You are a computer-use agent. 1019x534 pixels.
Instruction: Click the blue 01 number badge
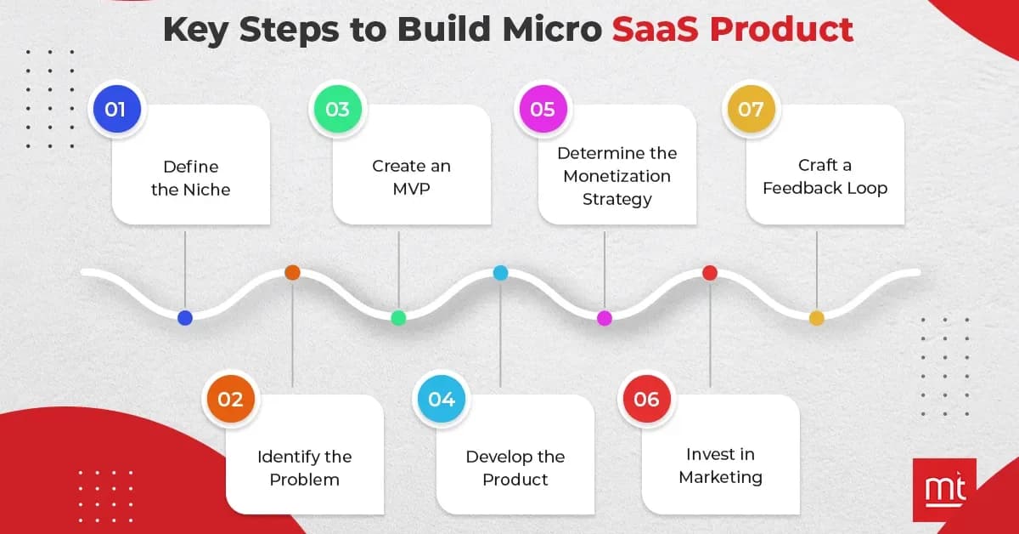coord(115,109)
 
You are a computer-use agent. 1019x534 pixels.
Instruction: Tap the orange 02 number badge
coord(230,400)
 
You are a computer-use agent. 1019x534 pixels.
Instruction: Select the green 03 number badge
coord(337,109)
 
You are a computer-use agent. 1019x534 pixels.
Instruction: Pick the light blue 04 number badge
coord(442,400)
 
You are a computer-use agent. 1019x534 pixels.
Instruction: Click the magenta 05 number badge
coord(543,109)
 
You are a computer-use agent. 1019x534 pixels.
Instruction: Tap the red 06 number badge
coord(646,400)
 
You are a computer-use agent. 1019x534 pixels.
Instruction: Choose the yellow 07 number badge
coord(751,109)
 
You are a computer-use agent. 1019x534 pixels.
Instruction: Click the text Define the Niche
coord(190,178)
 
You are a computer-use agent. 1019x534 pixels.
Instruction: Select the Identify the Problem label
coord(304,468)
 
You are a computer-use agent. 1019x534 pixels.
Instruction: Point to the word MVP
coord(411,189)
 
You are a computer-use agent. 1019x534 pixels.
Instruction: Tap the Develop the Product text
coord(515,468)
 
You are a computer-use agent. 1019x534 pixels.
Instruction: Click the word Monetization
coord(616,176)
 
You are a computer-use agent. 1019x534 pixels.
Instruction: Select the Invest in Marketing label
coord(720,466)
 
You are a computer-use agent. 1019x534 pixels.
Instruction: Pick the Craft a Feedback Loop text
coord(825,177)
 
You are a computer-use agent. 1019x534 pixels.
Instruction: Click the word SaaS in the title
coord(655,29)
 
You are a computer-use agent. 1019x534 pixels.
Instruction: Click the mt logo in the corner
coord(943,490)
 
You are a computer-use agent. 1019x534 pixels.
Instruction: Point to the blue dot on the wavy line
coord(185,318)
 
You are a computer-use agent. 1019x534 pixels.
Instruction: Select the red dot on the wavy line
coord(710,273)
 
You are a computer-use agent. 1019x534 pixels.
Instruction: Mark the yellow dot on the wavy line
coord(816,318)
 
